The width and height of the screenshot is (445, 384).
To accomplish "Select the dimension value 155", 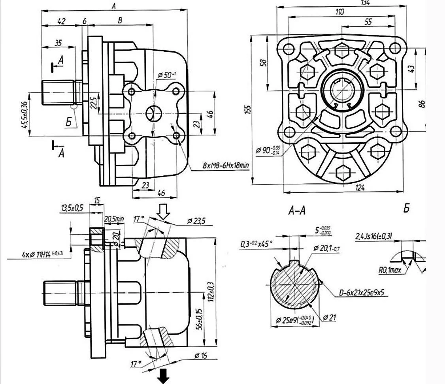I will tap(247, 109).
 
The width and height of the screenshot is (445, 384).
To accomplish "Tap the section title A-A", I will tap(296, 211).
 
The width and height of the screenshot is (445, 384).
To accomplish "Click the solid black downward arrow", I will tap(162, 376).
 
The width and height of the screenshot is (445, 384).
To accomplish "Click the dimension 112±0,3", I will tap(213, 292).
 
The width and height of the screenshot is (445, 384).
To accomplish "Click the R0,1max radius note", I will tap(388, 271).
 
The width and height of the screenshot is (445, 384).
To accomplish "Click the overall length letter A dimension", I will tap(113, 6).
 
